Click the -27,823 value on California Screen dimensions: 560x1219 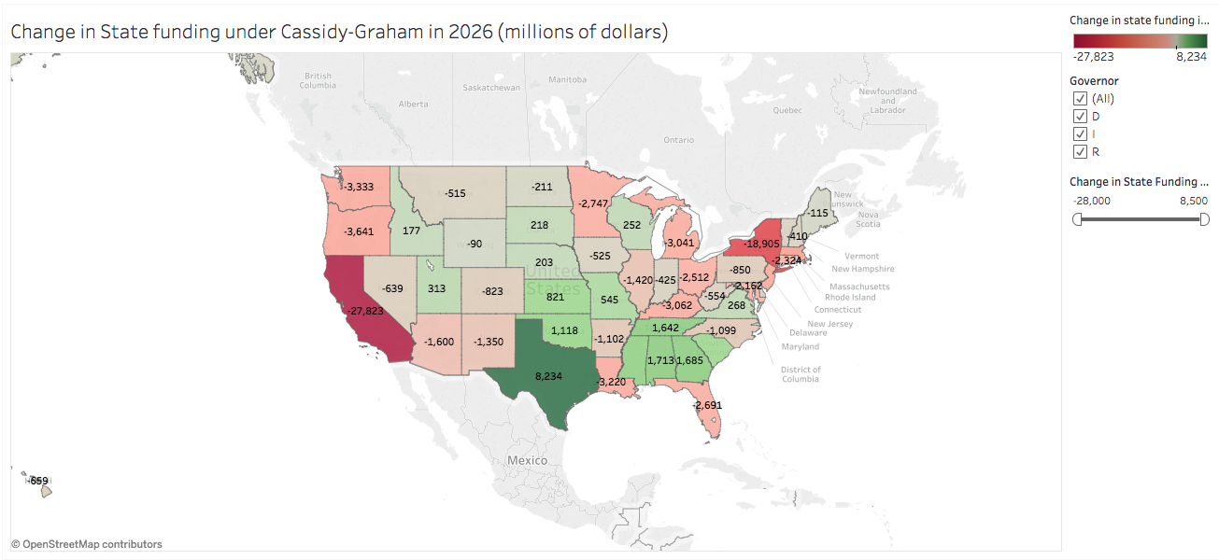coord(365,311)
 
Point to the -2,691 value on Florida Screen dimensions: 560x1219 coord(707,405)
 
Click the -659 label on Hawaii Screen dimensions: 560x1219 coord(38,482)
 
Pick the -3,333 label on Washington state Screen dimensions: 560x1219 coord(359,187)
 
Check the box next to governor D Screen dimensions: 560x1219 coord(1081,117)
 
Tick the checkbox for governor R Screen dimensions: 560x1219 coord(1081,151)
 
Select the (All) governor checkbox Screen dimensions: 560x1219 coord(1081,99)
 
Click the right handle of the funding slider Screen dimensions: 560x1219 coord(1204,219)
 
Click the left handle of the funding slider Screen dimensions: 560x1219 coord(1078,219)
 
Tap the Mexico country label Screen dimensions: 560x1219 coord(527,461)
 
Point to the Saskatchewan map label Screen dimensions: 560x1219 coord(491,88)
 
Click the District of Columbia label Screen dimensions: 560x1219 coord(801,374)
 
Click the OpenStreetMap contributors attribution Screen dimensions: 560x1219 coord(86,544)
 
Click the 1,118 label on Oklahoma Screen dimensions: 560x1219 coord(564,330)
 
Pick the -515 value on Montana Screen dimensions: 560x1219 coord(455,193)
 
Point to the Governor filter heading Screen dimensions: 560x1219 coord(1094,81)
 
